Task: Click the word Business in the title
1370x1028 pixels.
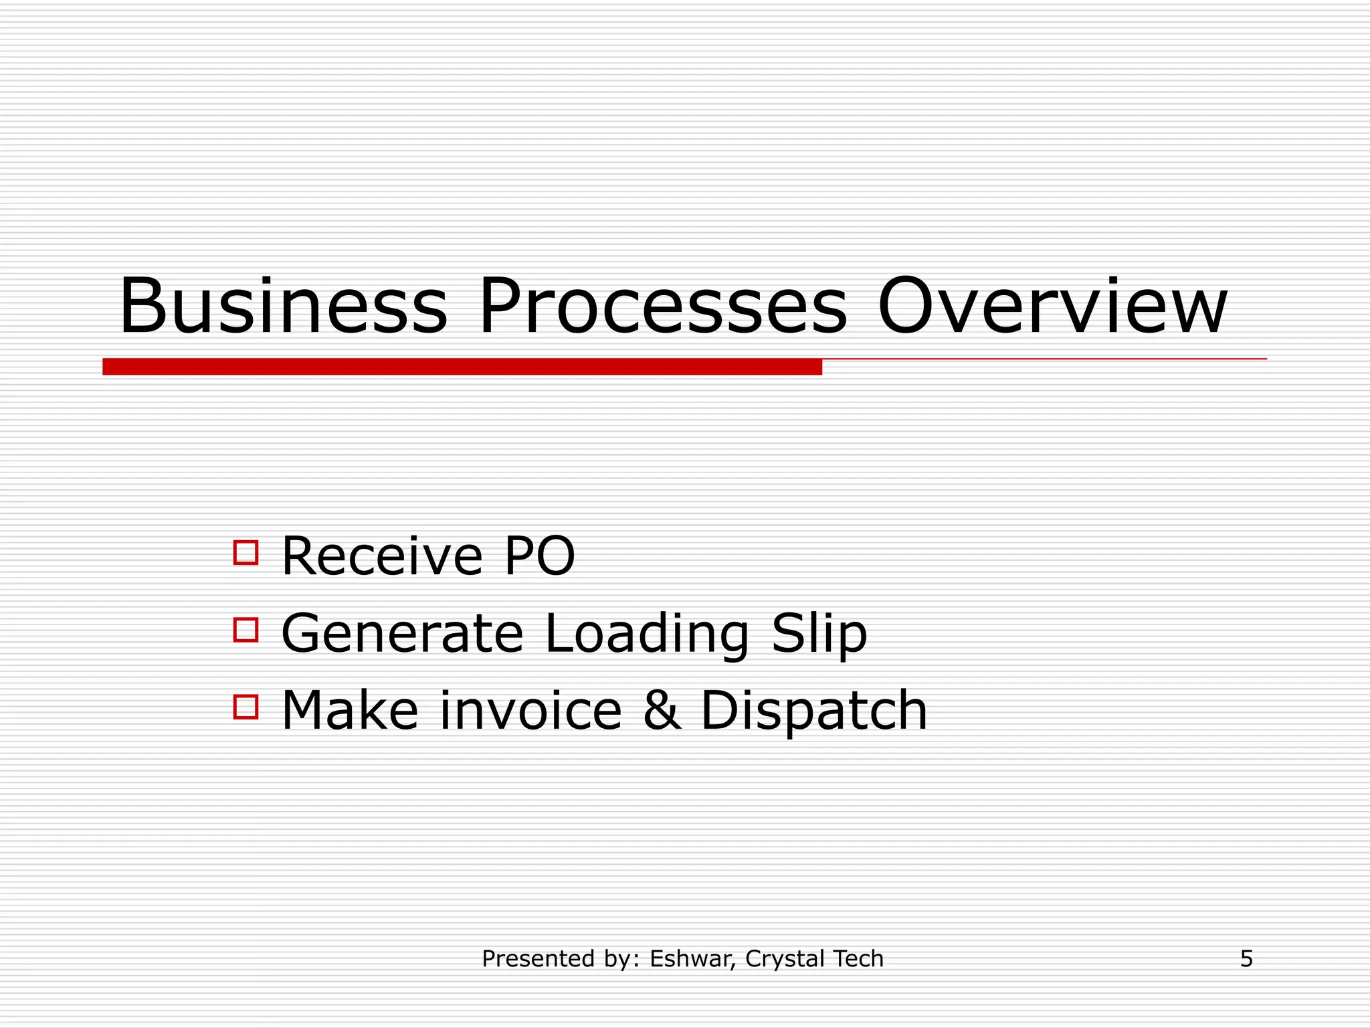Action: tap(283, 307)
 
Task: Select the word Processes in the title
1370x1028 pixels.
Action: tap(662, 307)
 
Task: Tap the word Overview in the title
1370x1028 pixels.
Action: tap(1052, 307)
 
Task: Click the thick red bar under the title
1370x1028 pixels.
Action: tap(462, 367)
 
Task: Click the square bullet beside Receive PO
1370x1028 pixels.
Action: tap(246, 553)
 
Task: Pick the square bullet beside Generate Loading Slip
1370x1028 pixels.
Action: tap(246, 630)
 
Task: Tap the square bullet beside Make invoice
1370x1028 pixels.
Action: tap(246, 707)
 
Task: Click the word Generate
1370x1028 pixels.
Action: tap(402, 633)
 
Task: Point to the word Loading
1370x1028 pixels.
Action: tap(647, 634)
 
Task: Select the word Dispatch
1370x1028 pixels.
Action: tap(813, 711)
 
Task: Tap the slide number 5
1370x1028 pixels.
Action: tap(1246, 959)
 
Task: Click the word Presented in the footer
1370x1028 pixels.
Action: tap(538, 959)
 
